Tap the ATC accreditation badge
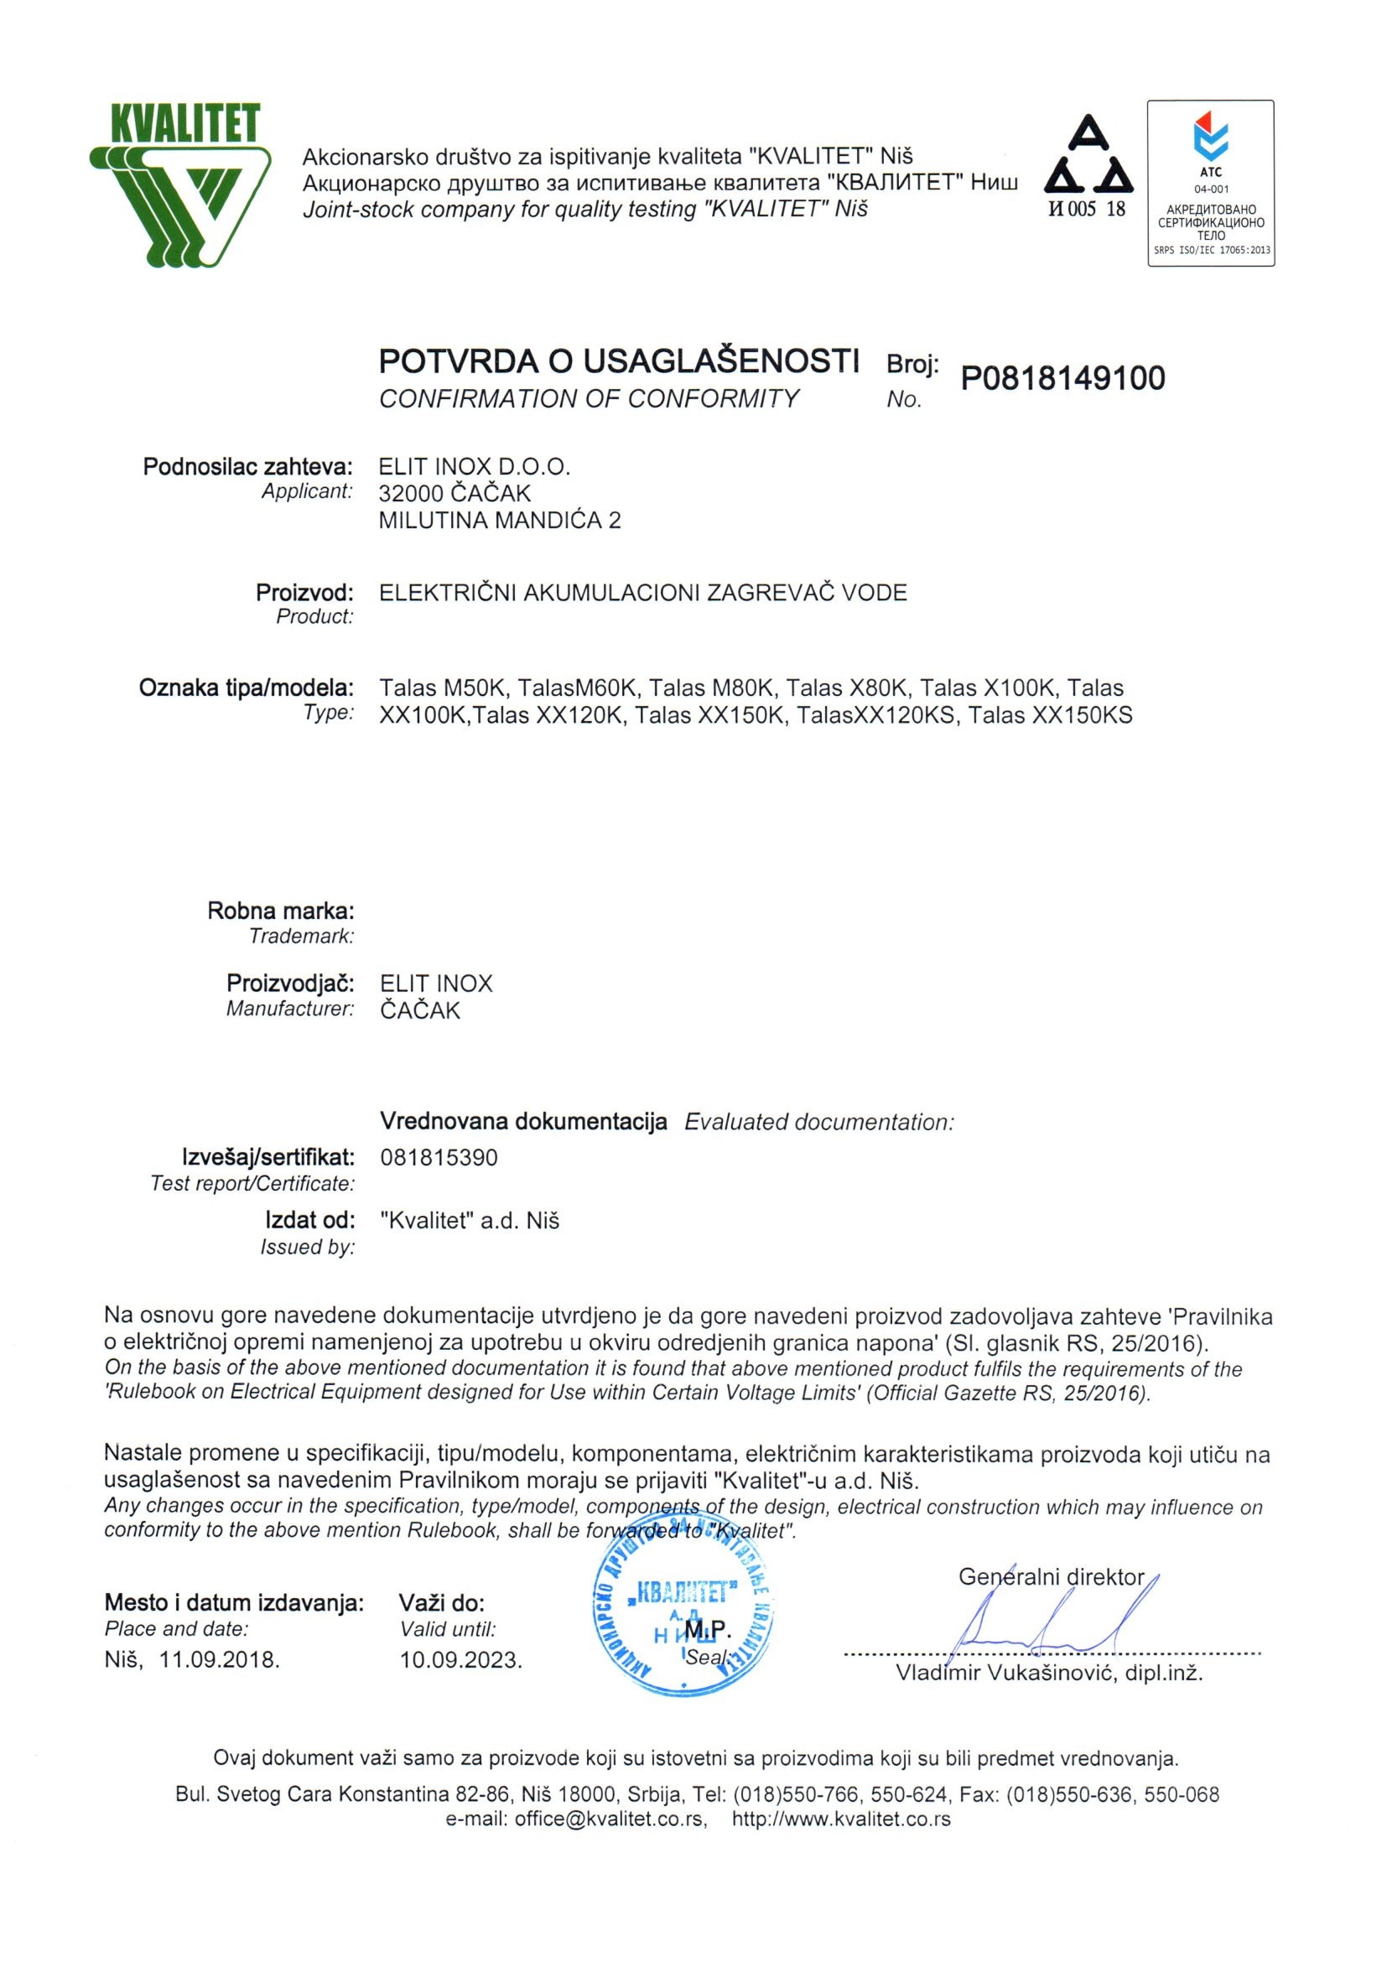point(1210,182)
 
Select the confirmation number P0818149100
point(1062,377)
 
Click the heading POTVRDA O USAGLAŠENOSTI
point(619,362)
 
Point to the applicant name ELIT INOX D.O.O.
point(475,466)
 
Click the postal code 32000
point(410,493)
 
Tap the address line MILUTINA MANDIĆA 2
point(500,520)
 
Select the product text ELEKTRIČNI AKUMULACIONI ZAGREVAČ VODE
point(642,592)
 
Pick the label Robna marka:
point(280,910)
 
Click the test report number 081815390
point(439,1158)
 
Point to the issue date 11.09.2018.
point(220,1659)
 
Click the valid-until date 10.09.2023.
point(460,1660)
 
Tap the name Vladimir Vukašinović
point(1005,1674)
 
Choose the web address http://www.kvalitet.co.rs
point(841,1819)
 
